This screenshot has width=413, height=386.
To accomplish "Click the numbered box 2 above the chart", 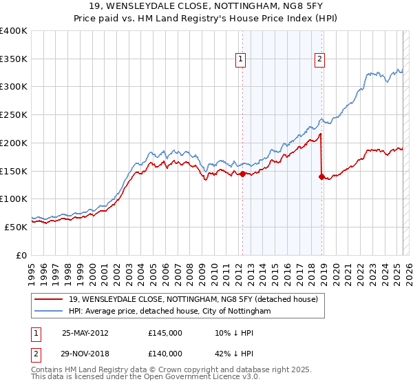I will coord(320,60).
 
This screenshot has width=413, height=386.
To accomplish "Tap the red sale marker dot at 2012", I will coord(242,174).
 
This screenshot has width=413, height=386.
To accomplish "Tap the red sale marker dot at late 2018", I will coord(321,176).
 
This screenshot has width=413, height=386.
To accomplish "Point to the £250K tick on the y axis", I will coord(14,114).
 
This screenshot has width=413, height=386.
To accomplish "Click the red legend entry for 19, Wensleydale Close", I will coord(193,299).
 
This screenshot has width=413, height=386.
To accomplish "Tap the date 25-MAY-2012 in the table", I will coord(85,332).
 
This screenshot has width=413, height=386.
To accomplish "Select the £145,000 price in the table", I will coord(165,332).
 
